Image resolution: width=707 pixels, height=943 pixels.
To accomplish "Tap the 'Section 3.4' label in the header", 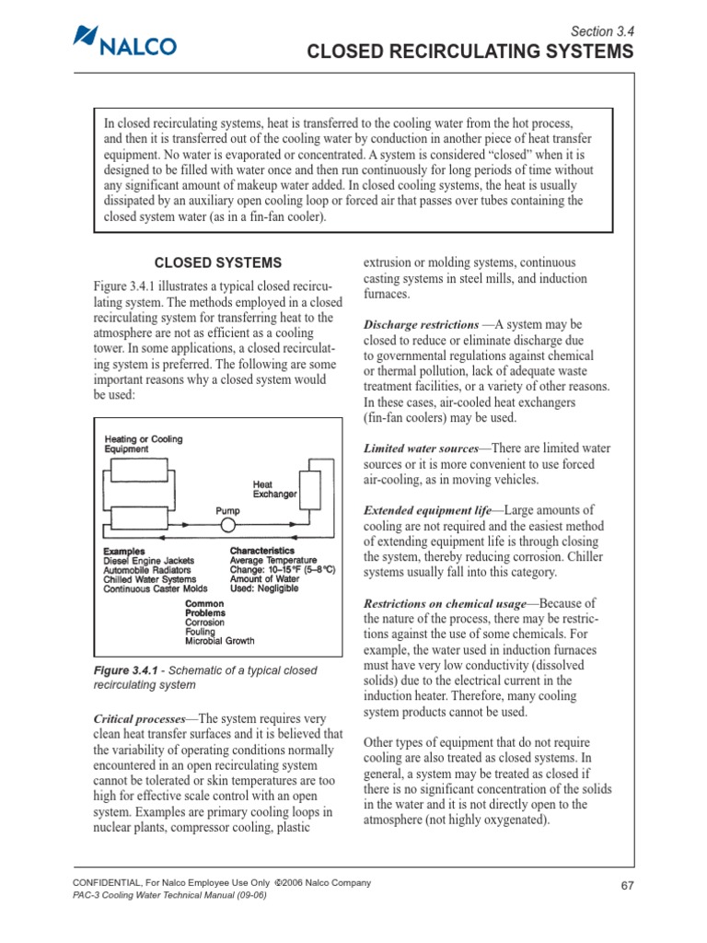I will (x=603, y=30).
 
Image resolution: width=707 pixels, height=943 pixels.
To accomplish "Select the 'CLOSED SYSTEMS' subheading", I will (x=219, y=262).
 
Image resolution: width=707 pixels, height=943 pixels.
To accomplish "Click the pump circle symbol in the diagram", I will (x=226, y=525).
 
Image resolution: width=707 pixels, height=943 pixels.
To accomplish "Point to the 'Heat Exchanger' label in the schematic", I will (x=274, y=489).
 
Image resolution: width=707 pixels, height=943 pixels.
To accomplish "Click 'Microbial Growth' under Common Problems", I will (x=220, y=640).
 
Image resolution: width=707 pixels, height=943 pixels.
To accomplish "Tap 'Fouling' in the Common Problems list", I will (x=200, y=632).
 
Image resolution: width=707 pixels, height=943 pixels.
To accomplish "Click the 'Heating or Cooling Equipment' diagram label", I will (x=143, y=444).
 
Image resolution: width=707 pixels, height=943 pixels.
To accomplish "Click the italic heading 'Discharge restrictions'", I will (x=421, y=325).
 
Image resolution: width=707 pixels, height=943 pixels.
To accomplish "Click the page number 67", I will (x=627, y=886).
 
